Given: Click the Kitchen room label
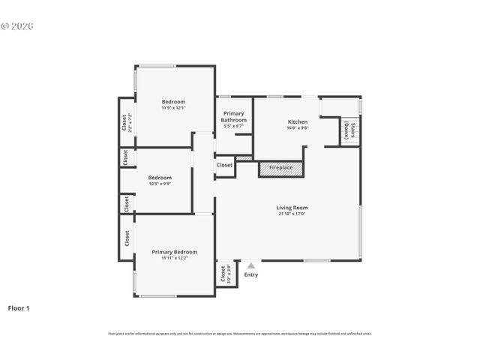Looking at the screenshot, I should pyautogui.click(x=298, y=121).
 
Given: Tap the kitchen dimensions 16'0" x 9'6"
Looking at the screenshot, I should pyautogui.click(x=298, y=127).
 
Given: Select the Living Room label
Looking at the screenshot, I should pyautogui.click(x=292, y=208).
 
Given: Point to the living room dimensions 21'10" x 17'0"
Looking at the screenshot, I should pyautogui.click(x=292, y=214).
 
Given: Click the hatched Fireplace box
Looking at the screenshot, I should pyautogui.click(x=281, y=168).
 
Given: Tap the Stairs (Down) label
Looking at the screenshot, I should pyautogui.click(x=350, y=130).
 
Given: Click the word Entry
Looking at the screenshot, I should pyautogui.click(x=250, y=274).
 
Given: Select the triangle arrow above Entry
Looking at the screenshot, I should pyautogui.click(x=250, y=265).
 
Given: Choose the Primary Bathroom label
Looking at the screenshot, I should pyautogui.click(x=233, y=117).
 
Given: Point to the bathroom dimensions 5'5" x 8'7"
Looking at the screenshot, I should pyautogui.click(x=233, y=126).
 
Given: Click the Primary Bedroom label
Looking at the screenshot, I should pyautogui.click(x=174, y=252).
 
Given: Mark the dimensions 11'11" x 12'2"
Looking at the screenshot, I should pyautogui.click(x=174, y=258).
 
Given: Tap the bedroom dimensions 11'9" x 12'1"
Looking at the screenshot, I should pyautogui.click(x=173, y=108).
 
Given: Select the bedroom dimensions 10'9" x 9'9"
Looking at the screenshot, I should pyautogui.click(x=160, y=184).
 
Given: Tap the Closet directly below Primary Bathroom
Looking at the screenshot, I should pyautogui.click(x=224, y=165).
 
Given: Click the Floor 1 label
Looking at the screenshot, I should pyautogui.click(x=19, y=308).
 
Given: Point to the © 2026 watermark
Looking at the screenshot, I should pyautogui.click(x=17, y=26).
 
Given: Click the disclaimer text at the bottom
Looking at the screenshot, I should pyautogui.click(x=239, y=334).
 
